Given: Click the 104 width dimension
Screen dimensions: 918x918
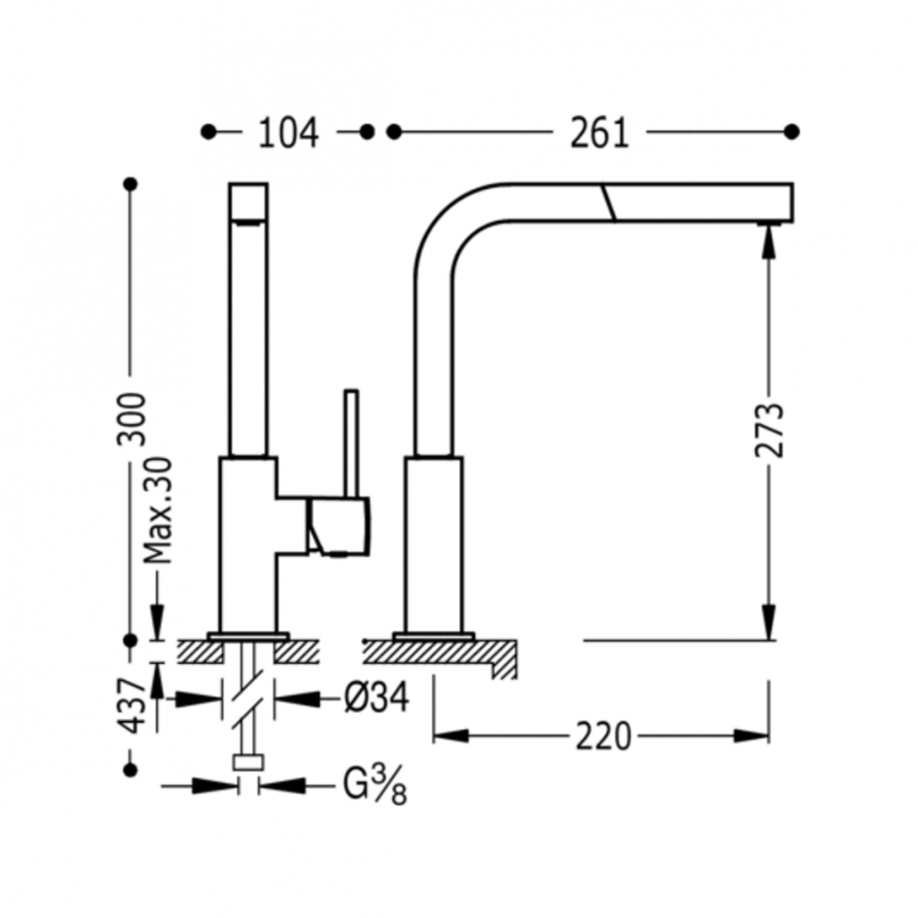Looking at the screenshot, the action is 288,133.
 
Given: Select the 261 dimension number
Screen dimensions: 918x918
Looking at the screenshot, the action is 600,133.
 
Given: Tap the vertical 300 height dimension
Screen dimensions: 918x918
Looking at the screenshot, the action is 131,419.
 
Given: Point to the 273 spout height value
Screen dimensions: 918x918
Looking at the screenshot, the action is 769,430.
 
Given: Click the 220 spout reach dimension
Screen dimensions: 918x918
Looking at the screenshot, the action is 603,736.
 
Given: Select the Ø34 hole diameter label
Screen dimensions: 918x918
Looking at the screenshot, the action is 376,698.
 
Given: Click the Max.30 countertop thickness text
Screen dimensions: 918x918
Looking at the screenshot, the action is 159,510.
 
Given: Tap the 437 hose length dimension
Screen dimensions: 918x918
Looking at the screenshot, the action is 132,706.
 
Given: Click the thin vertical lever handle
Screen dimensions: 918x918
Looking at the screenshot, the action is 351,444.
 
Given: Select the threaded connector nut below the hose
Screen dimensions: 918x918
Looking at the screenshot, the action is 249,763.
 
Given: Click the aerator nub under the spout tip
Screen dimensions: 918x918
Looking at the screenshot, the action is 769,224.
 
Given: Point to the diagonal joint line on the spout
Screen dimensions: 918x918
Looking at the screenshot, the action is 608,202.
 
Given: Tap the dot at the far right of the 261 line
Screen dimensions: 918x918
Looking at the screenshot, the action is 791,132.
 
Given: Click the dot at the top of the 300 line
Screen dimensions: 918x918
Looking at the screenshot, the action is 131,184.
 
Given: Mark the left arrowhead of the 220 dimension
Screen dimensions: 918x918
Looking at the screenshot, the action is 451,736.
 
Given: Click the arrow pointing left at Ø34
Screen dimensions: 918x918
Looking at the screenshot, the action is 296,698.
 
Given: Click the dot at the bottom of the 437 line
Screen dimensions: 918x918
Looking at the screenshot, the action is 131,769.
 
